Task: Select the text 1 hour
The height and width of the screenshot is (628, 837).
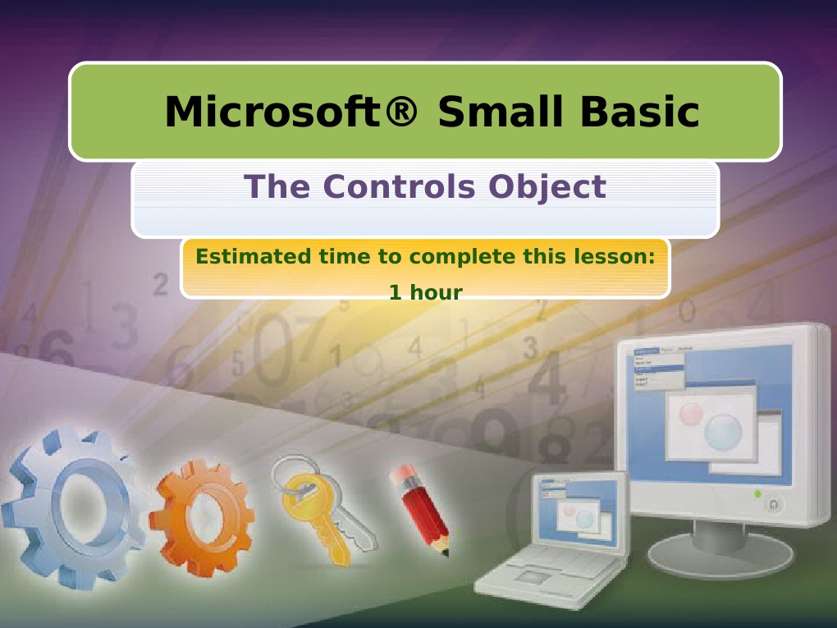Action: point(425,291)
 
